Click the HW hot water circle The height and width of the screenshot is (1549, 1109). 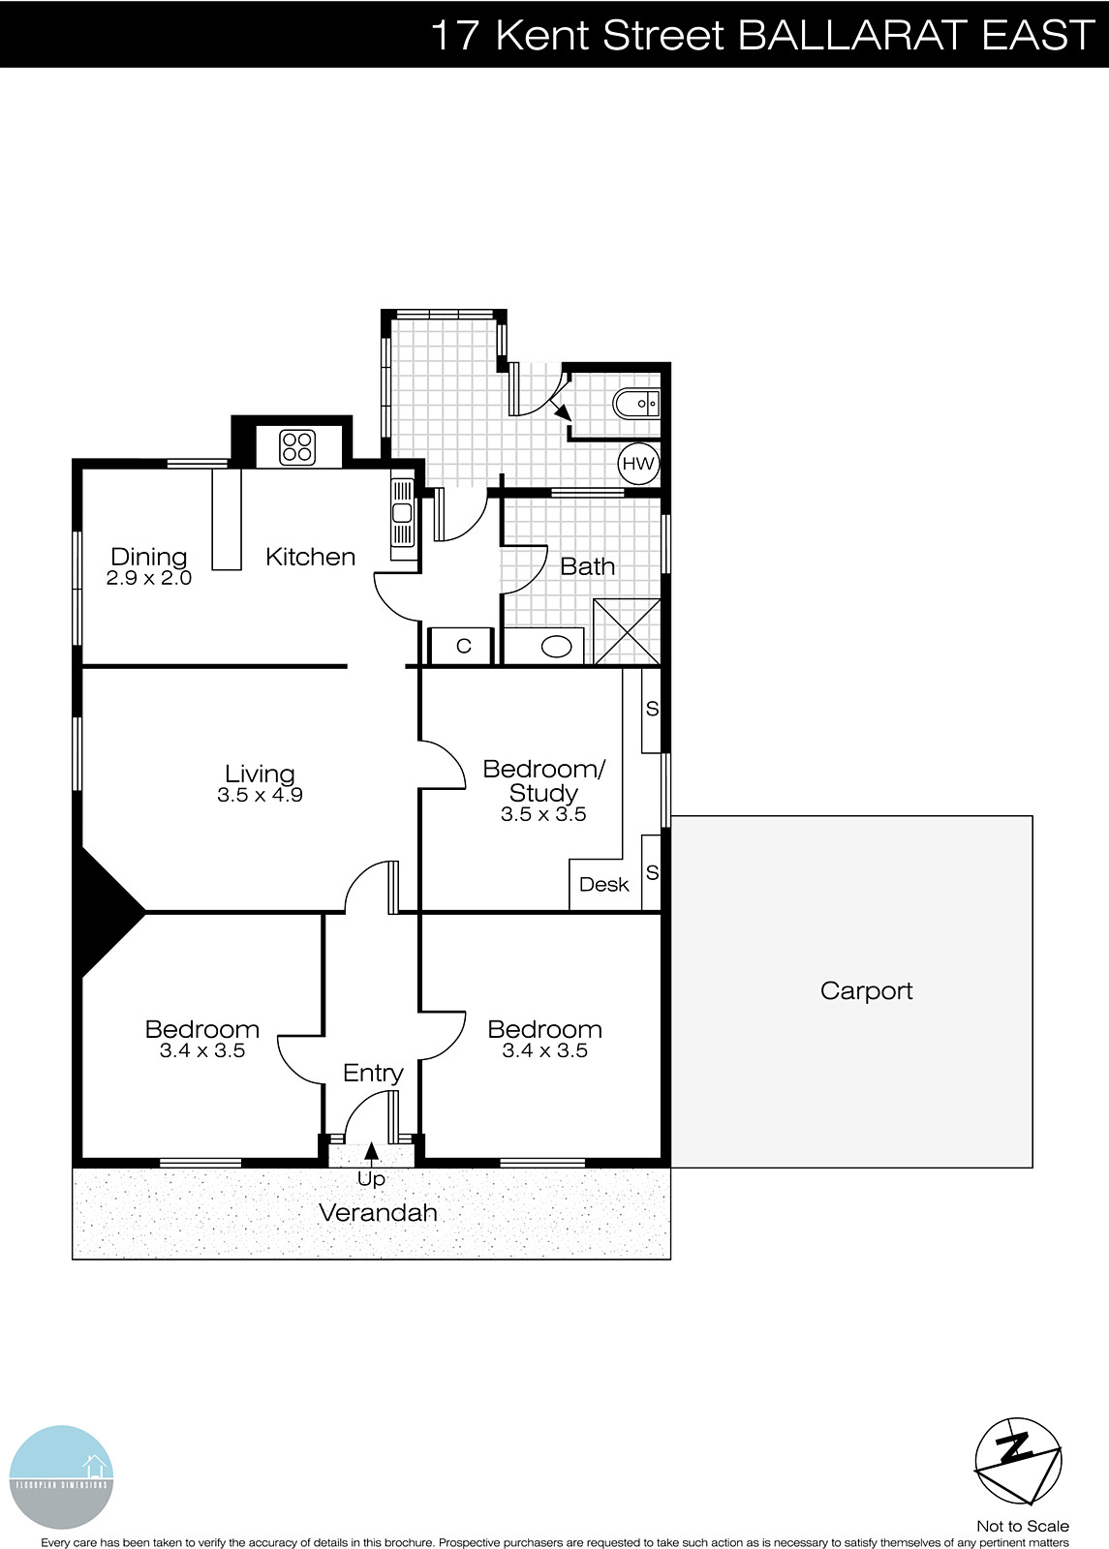click(x=637, y=464)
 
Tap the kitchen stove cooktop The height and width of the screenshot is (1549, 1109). click(x=297, y=446)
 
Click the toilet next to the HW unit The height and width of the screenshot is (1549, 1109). click(x=635, y=403)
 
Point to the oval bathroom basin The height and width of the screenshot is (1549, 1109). click(x=556, y=647)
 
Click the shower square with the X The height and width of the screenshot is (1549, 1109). click(x=627, y=632)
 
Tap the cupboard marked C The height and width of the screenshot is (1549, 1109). click(x=462, y=646)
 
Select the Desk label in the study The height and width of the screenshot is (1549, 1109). click(x=604, y=885)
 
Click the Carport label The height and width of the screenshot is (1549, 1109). click(x=866, y=991)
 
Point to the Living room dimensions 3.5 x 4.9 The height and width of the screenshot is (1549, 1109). click(x=261, y=795)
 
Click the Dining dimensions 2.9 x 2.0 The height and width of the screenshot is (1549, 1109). click(x=149, y=578)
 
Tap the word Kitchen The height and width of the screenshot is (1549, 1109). click(x=310, y=557)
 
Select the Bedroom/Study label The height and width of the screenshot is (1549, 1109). click(x=543, y=780)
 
